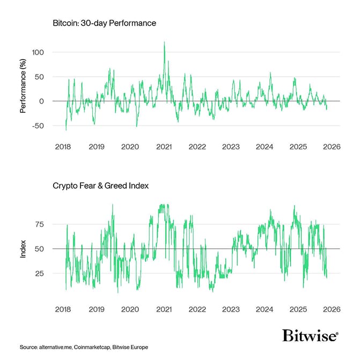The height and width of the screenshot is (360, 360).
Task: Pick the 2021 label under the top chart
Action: coord(164,146)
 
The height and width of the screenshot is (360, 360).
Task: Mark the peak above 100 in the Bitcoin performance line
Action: coord(164,42)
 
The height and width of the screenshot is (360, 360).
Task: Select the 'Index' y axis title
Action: coord(23,249)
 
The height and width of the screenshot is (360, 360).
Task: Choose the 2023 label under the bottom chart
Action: coord(231,309)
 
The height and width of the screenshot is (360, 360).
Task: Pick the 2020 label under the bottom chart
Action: coord(130,309)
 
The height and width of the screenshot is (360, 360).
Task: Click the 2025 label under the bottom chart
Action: coord(298,309)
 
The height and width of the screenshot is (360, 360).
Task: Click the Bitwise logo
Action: coord(311,335)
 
